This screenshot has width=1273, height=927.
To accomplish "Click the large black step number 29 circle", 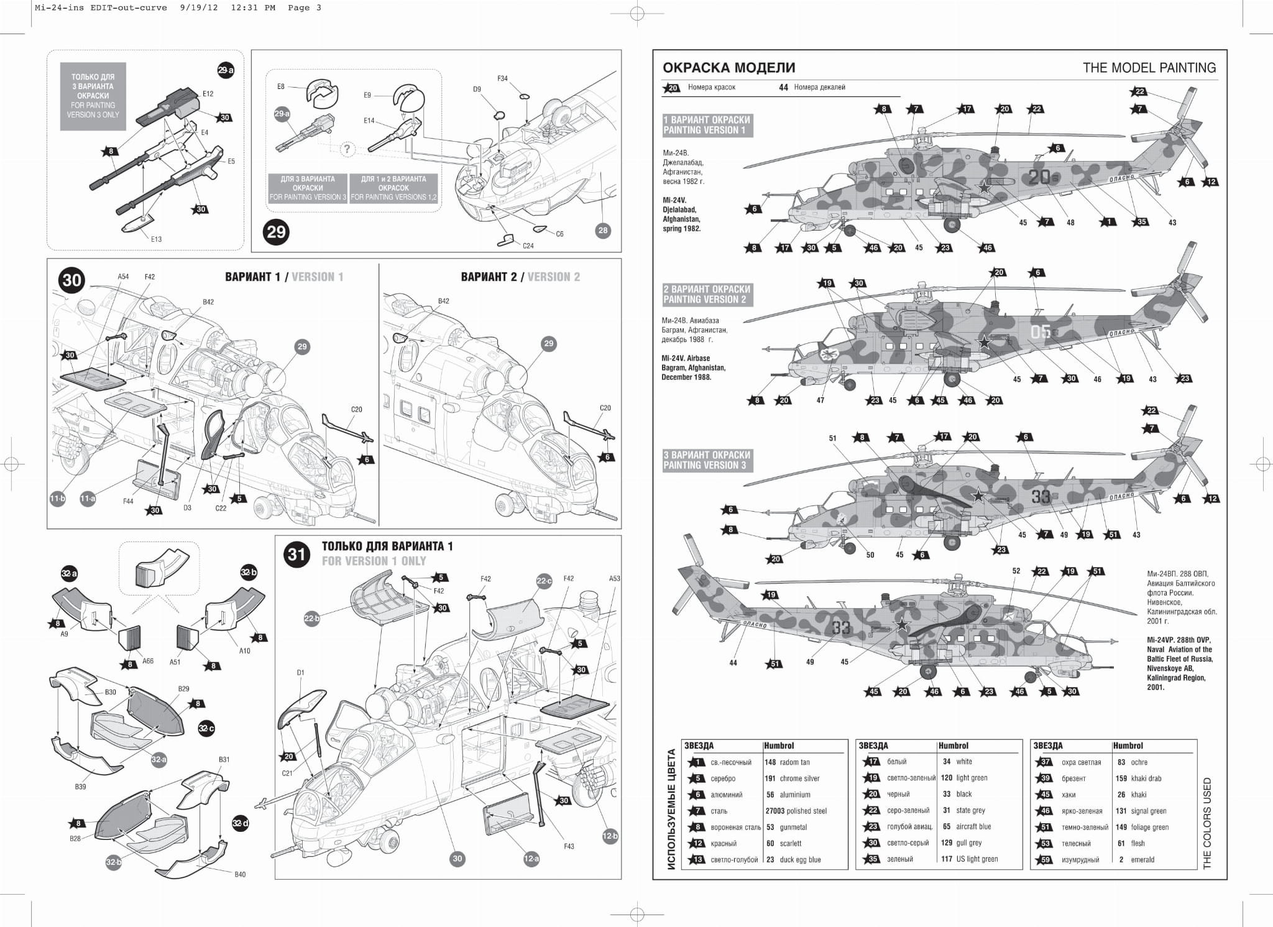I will pyautogui.click(x=276, y=232).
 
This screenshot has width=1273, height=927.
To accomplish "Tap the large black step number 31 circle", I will pyautogui.click(x=296, y=554).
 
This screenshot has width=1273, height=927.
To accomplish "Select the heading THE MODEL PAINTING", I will pyautogui.click(x=1149, y=68).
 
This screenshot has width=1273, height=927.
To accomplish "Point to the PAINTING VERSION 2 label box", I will pyautogui.click(x=707, y=294).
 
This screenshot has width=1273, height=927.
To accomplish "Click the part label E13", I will pyautogui.click(x=156, y=239).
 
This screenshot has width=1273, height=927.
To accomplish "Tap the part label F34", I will pyautogui.click(x=502, y=79).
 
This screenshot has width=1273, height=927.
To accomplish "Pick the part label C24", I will pyautogui.click(x=528, y=246).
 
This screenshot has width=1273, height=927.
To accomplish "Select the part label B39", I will pyautogui.click(x=81, y=786).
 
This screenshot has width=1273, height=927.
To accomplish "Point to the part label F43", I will pyautogui.click(x=569, y=846).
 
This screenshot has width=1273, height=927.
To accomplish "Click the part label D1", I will pyautogui.click(x=300, y=672).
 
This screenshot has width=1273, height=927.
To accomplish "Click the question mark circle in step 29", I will pyautogui.click(x=347, y=149).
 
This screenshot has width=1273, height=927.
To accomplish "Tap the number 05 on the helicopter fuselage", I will pyautogui.click(x=1040, y=332).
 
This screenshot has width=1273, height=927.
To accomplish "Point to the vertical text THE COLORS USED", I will pyautogui.click(x=1207, y=823).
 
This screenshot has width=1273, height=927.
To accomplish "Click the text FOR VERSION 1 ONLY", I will pyautogui.click(x=374, y=561).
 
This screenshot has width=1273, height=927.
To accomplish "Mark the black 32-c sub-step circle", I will pyautogui.click(x=206, y=728).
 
